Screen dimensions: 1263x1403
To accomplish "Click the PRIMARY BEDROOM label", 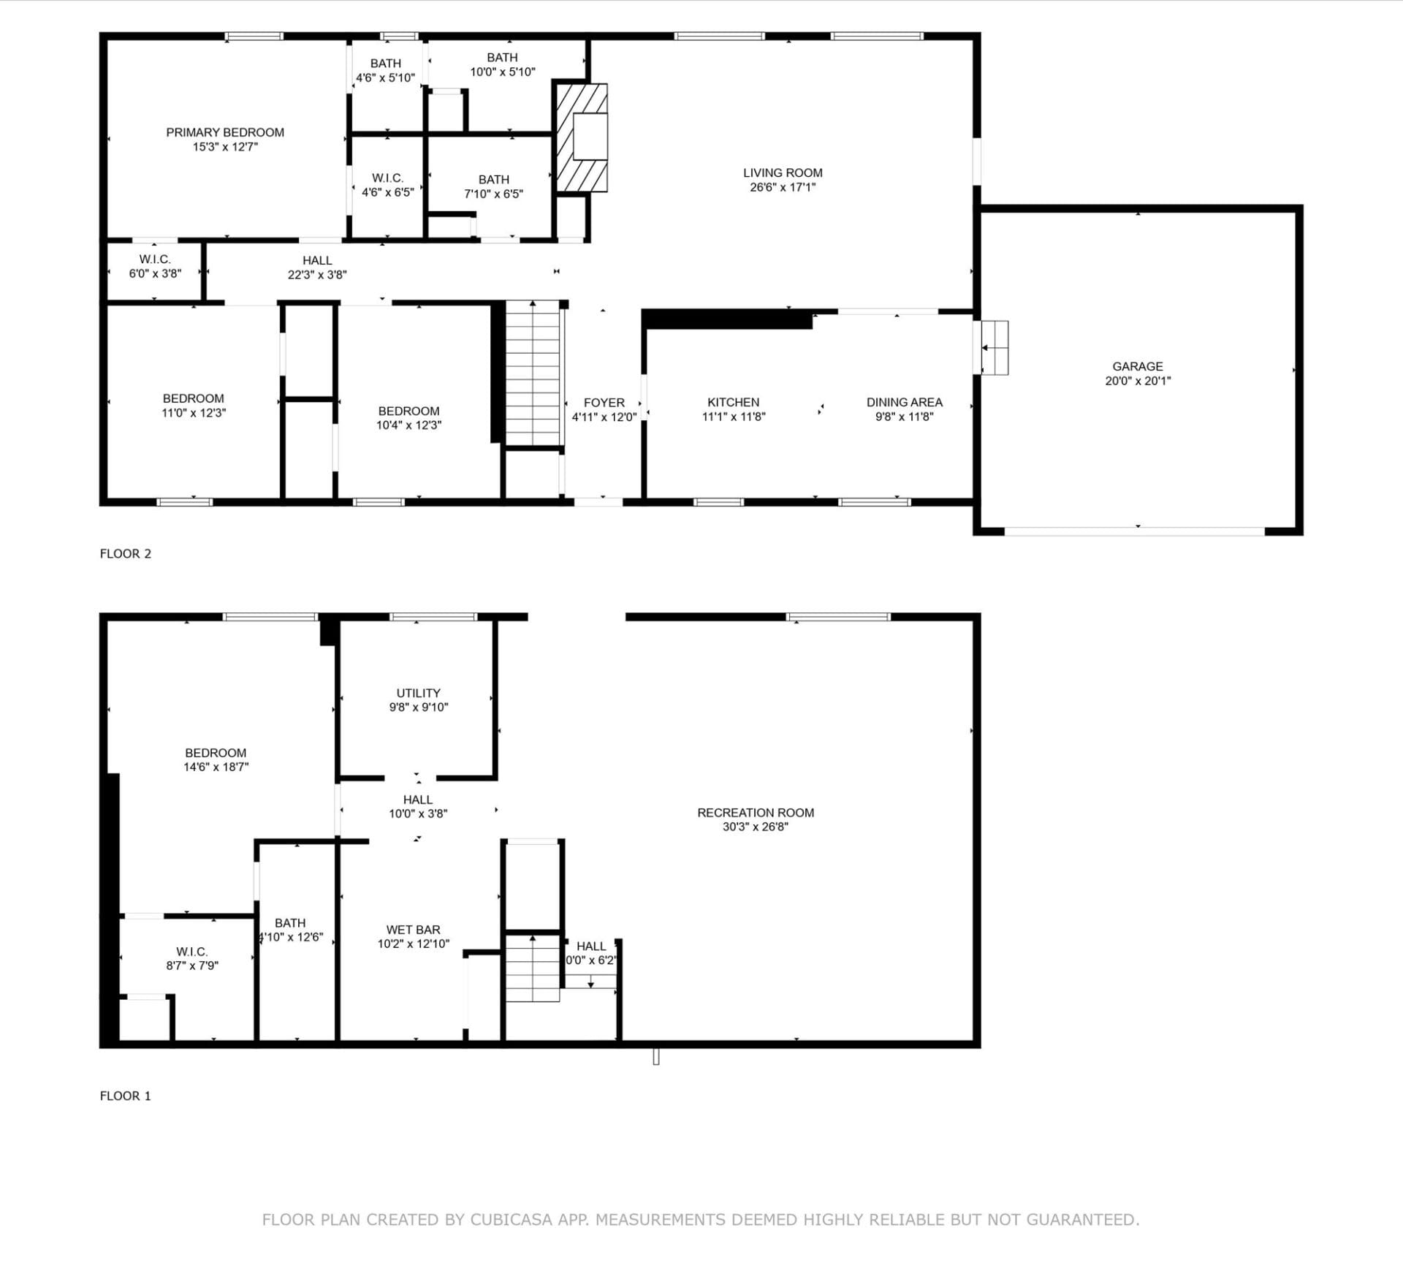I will tap(224, 132).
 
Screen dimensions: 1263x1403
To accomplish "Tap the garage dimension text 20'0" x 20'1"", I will tap(1137, 381).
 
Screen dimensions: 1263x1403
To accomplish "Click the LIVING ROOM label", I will tap(782, 172).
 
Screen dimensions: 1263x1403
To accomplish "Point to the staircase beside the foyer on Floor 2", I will tap(533, 373).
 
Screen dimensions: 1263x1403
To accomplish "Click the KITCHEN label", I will tap(733, 402).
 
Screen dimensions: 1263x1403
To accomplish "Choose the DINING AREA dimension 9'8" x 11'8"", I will tap(904, 417).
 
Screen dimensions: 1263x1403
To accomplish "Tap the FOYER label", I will tap(604, 403).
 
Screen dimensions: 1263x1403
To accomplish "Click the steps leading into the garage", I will tap(994, 348).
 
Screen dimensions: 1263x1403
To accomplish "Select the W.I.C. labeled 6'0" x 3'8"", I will tap(155, 266).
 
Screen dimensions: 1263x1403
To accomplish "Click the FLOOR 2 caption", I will tap(126, 553).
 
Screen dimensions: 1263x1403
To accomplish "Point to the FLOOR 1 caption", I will tap(126, 1096).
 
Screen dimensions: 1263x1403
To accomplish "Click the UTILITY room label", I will tap(418, 693).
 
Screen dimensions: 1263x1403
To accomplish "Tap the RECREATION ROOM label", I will tap(755, 813).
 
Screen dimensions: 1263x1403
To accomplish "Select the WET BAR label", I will tap(413, 930).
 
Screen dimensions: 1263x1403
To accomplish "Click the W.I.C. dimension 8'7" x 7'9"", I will tap(191, 966).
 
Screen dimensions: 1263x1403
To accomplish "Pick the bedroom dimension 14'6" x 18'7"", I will tap(216, 767).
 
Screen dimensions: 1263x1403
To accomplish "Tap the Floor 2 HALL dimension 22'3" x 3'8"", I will tap(316, 275).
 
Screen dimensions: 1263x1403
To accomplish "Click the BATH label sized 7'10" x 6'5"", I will tap(493, 179).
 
